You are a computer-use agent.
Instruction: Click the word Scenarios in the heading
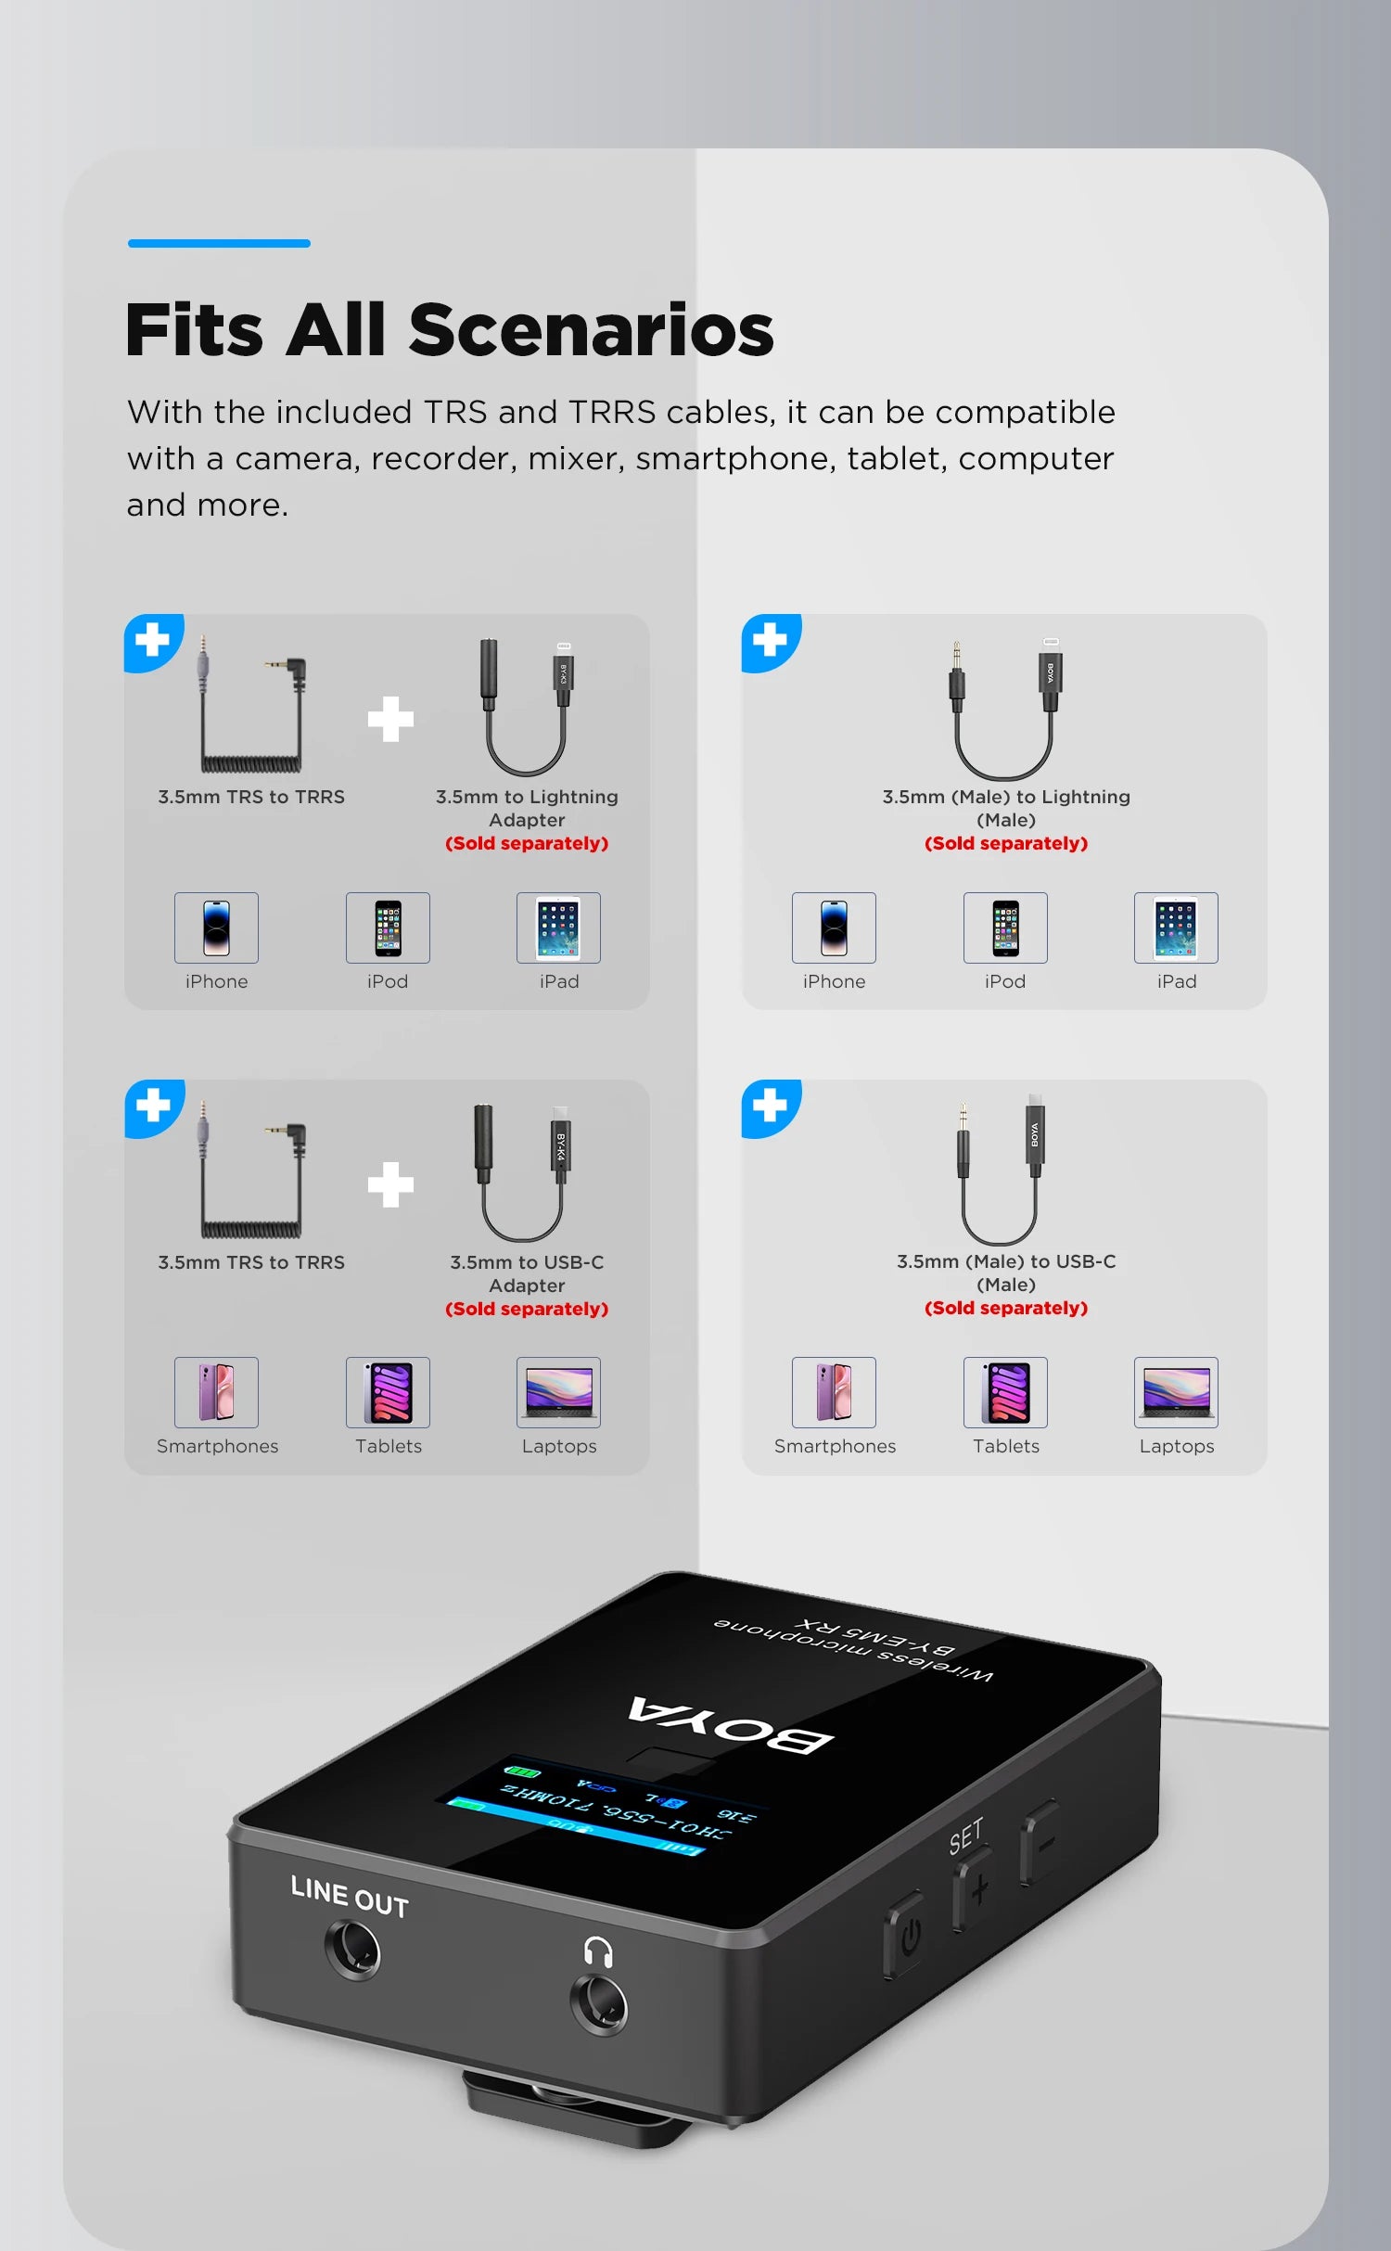(x=591, y=330)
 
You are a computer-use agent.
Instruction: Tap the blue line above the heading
(x=219, y=243)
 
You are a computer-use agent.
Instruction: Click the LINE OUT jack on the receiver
(x=352, y=1950)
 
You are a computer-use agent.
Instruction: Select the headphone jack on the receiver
(x=599, y=2003)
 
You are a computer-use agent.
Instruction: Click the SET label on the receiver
(x=965, y=1836)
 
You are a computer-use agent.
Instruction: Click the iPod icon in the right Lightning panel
(x=1005, y=927)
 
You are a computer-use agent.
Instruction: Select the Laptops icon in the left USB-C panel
(x=558, y=1392)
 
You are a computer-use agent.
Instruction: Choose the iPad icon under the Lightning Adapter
(x=558, y=927)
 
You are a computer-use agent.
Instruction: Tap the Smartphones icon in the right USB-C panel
(x=834, y=1392)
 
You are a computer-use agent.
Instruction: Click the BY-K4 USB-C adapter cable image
(x=523, y=1173)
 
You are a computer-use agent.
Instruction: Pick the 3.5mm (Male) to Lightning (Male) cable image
(x=1005, y=710)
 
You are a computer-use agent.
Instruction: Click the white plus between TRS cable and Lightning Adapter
(x=390, y=719)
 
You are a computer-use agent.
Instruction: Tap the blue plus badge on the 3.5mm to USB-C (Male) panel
(x=771, y=1106)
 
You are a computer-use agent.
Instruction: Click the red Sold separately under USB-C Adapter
(x=527, y=1309)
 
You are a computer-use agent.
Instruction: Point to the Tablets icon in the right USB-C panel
(x=1005, y=1392)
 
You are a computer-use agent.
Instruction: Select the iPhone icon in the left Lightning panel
(x=216, y=927)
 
